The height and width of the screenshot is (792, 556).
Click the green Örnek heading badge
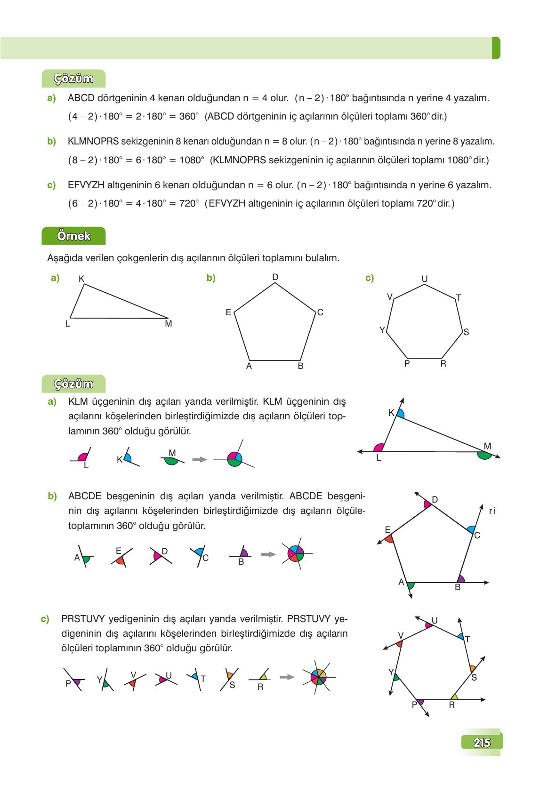pos(73,236)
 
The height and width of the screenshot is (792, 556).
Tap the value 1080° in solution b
pos(192,160)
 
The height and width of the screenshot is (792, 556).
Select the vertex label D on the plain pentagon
pos(275,277)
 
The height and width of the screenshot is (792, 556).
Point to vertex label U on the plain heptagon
pos(424,279)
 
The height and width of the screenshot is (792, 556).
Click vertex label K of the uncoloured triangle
pos(81,279)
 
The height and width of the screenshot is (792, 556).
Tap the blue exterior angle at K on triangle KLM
pos(400,414)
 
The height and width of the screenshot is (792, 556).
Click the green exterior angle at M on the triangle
pos(484,455)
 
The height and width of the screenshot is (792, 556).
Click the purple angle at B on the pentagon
pos(461,579)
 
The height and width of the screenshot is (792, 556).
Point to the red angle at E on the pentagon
pos(389,538)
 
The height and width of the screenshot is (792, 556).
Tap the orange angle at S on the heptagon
pos(472,668)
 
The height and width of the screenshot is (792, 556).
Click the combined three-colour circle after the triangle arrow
pos(234,458)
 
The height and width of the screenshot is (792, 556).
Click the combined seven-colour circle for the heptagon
pos(318,677)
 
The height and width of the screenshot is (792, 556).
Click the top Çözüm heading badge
pos(73,79)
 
